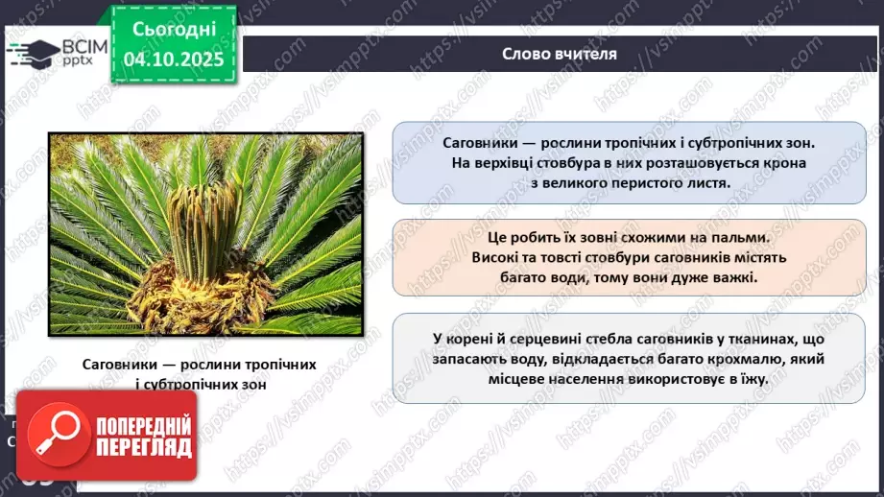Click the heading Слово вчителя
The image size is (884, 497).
click(560, 54)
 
